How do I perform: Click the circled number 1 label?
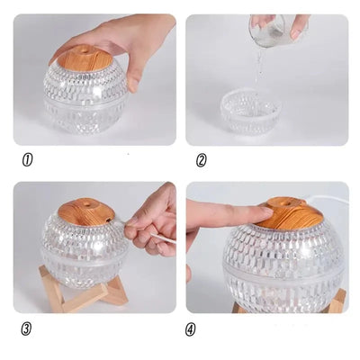27,161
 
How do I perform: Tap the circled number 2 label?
202,161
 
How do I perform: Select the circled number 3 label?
27,328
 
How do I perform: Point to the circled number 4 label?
191,329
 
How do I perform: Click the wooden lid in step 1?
82,58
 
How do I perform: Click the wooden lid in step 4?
288,214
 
